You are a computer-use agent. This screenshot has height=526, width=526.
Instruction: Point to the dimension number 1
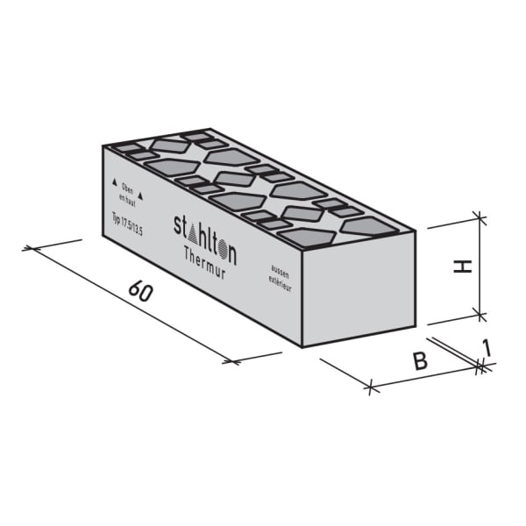point(487,349)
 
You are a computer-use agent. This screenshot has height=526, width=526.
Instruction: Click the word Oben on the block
point(127,187)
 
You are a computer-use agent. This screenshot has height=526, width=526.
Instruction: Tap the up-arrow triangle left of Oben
point(113,183)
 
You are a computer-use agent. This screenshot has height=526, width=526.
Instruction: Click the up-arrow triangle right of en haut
point(140,198)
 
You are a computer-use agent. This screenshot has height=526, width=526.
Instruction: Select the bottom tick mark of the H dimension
point(478,312)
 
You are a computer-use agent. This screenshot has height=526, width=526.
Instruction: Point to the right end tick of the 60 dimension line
point(231,360)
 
